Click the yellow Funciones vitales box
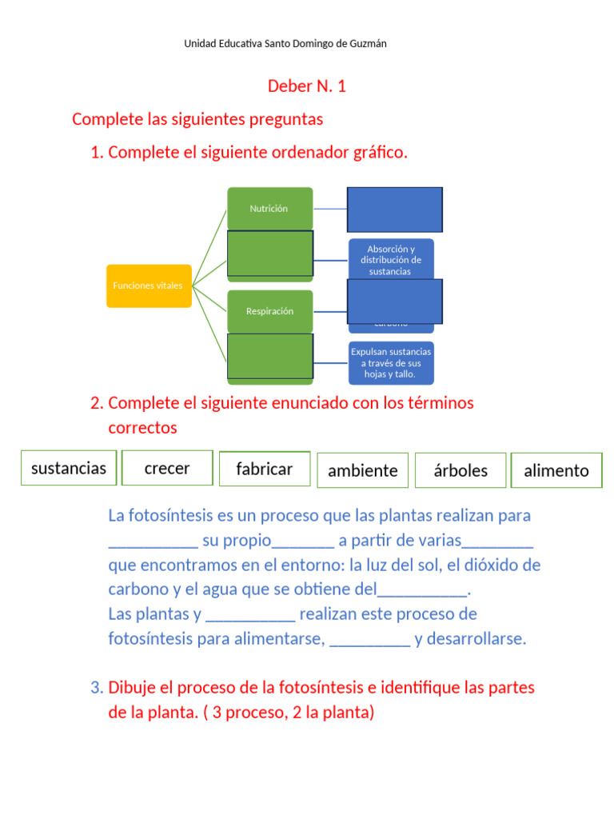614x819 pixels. [x=149, y=286]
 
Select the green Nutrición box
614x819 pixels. [x=269, y=209]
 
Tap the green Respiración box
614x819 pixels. [x=269, y=311]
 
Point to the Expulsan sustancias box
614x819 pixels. [x=391, y=362]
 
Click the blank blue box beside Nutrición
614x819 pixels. [x=395, y=210]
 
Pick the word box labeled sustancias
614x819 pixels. [x=69, y=468]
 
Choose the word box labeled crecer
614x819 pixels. [x=167, y=468]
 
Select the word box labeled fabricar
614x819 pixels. [x=265, y=469]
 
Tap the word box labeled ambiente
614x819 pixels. [x=363, y=470]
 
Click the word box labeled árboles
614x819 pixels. [x=460, y=470]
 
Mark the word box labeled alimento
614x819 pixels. [x=556, y=470]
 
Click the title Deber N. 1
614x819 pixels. [x=307, y=86]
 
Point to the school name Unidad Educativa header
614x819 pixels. [x=285, y=44]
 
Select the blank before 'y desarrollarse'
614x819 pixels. [x=369, y=640]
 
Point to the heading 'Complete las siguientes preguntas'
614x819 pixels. [x=197, y=119]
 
